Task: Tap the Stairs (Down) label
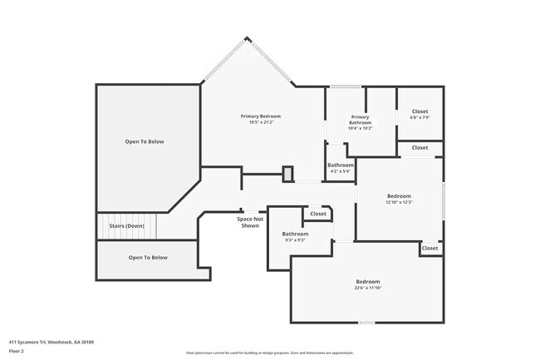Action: pyautogui.click(x=125, y=226)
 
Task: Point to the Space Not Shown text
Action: pyautogui.click(x=250, y=222)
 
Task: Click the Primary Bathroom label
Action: pyautogui.click(x=360, y=120)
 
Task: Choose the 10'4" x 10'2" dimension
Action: pyautogui.click(x=360, y=128)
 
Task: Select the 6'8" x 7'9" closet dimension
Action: pyautogui.click(x=420, y=117)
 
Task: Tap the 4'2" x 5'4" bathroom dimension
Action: pyautogui.click(x=340, y=172)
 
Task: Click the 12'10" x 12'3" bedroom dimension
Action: pyautogui.click(x=399, y=202)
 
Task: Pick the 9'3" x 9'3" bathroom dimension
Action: pyautogui.click(x=295, y=240)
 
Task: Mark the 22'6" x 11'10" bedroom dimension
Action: pyautogui.click(x=368, y=288)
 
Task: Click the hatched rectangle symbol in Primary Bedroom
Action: pyautogui.click(x=287, y=174)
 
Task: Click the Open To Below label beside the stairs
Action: pyautogui.click(x=148, y=257)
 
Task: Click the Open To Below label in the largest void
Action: pyautogui.click(x=145, y=141)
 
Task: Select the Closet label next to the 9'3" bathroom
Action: pyautogui.click(x=318, y=214)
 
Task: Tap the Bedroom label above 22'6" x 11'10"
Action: pyautogui.click(x=368, y=281)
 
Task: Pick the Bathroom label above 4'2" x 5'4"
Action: pyautogui.click(x=340, y=165)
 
